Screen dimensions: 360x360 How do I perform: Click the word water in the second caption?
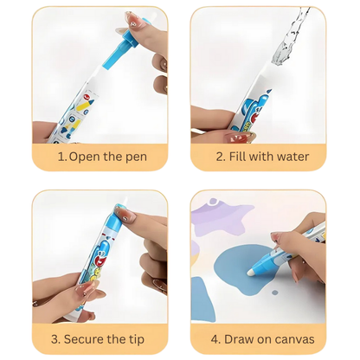(295, 157)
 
